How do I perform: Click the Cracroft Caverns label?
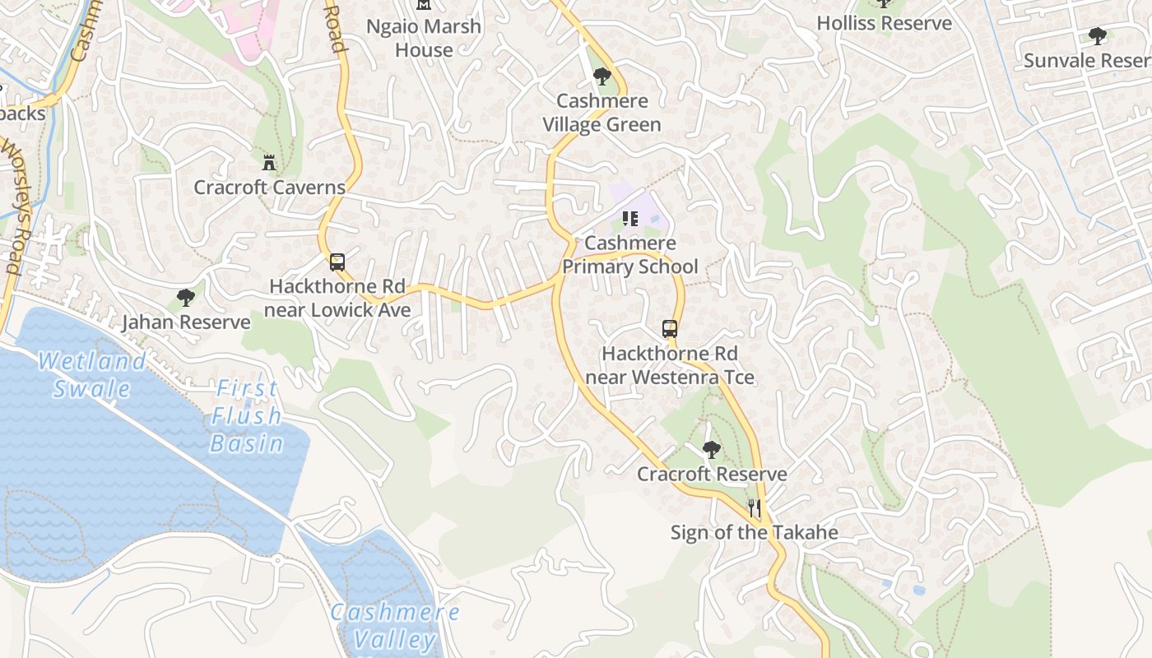tap(269, 188)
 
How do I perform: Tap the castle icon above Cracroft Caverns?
tap(269, 161)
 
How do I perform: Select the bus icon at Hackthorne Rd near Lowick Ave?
tap(337, 262)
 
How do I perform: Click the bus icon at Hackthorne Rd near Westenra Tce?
tap(670, 329)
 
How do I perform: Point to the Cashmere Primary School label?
tap(630, 255)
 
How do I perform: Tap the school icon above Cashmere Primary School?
tap(630, 219)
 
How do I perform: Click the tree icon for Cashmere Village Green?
tap(602, 76)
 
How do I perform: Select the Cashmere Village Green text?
tap(602, 113)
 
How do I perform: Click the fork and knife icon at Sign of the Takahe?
tap(754, 507)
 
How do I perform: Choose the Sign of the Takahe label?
tap(754, 532)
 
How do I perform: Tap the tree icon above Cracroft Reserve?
tap(712, 450)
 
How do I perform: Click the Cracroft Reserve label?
tap(712, 475)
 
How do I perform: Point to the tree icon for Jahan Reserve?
tap(186, 298)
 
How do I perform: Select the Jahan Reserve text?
tap(186, 322)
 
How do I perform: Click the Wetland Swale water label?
tap(92, 374)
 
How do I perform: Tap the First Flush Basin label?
tap(246, 415)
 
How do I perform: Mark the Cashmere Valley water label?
tap(395, 625)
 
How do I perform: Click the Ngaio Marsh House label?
tap(424, 38)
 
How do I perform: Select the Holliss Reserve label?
tap(884, 23)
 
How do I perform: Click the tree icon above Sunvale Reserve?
tap(1097, 35)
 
